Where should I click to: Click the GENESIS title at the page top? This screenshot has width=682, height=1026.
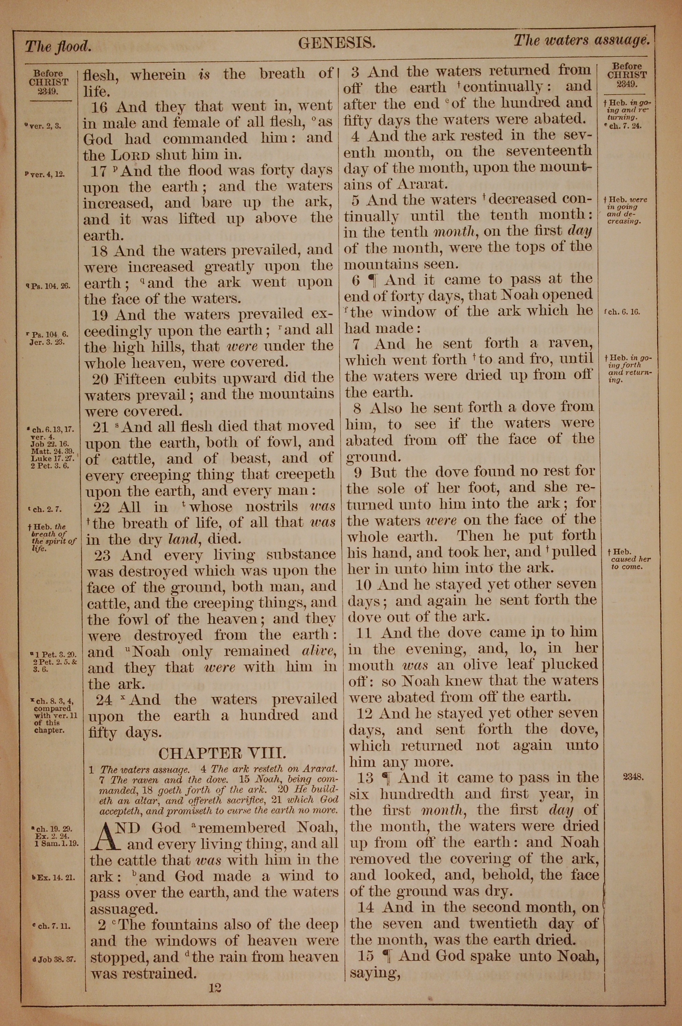(x=336, y=43)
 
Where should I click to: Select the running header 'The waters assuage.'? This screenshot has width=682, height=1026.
(x=582, y=41)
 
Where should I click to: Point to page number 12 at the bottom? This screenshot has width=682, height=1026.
(x=215, y=976)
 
